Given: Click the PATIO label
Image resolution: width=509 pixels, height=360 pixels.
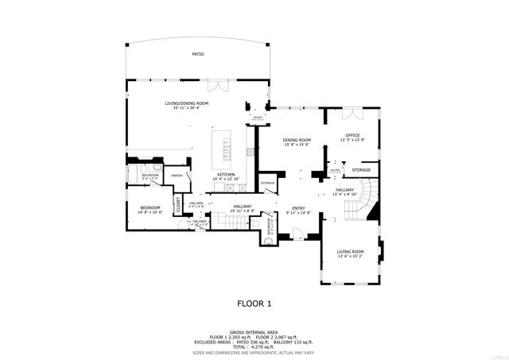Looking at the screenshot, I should click(x=197, y=54).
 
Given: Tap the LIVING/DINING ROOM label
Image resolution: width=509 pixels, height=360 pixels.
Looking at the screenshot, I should click(x=186, y=103).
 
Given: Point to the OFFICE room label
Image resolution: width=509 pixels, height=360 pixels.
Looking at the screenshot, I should click(x=352, y=135).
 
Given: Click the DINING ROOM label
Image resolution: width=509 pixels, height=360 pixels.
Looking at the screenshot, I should click(x=297, y=141).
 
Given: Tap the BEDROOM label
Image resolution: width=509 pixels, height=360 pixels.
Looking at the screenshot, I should click(x=150, y=208).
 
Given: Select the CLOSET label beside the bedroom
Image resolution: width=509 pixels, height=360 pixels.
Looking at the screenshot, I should click(x=179, y=204).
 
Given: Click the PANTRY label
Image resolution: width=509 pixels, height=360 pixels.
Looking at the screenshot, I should click(x=177, y=175).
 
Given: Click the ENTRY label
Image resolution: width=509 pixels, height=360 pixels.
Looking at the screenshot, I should click(x=298, y=208).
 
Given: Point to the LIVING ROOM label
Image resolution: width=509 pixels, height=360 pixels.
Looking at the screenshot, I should click(x=350, y=252).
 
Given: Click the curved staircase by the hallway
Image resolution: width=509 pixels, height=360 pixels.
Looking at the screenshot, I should click(x=367, y=199).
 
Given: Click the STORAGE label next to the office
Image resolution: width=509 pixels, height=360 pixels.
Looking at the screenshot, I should click(x=362, y=170).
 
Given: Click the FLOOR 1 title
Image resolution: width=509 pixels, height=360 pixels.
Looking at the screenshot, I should click(x=254, y=303).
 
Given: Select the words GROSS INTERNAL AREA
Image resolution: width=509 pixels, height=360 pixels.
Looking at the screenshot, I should click(x=254, y=332).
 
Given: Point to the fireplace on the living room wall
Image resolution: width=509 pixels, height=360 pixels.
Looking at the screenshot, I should click(x=382, y=252).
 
